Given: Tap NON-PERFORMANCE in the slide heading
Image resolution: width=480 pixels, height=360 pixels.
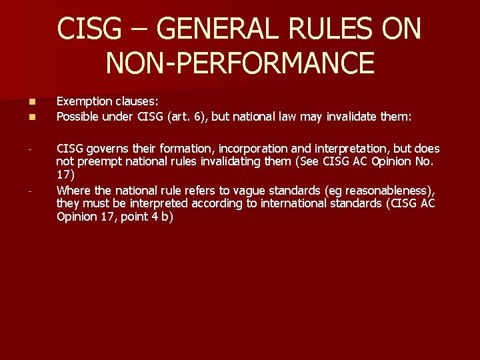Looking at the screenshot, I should pos(240,63).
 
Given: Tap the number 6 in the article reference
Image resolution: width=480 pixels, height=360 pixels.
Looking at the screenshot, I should pos(199,117).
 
